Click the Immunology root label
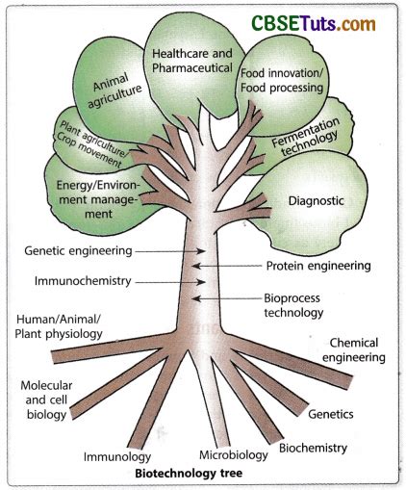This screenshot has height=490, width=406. point(114,455)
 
